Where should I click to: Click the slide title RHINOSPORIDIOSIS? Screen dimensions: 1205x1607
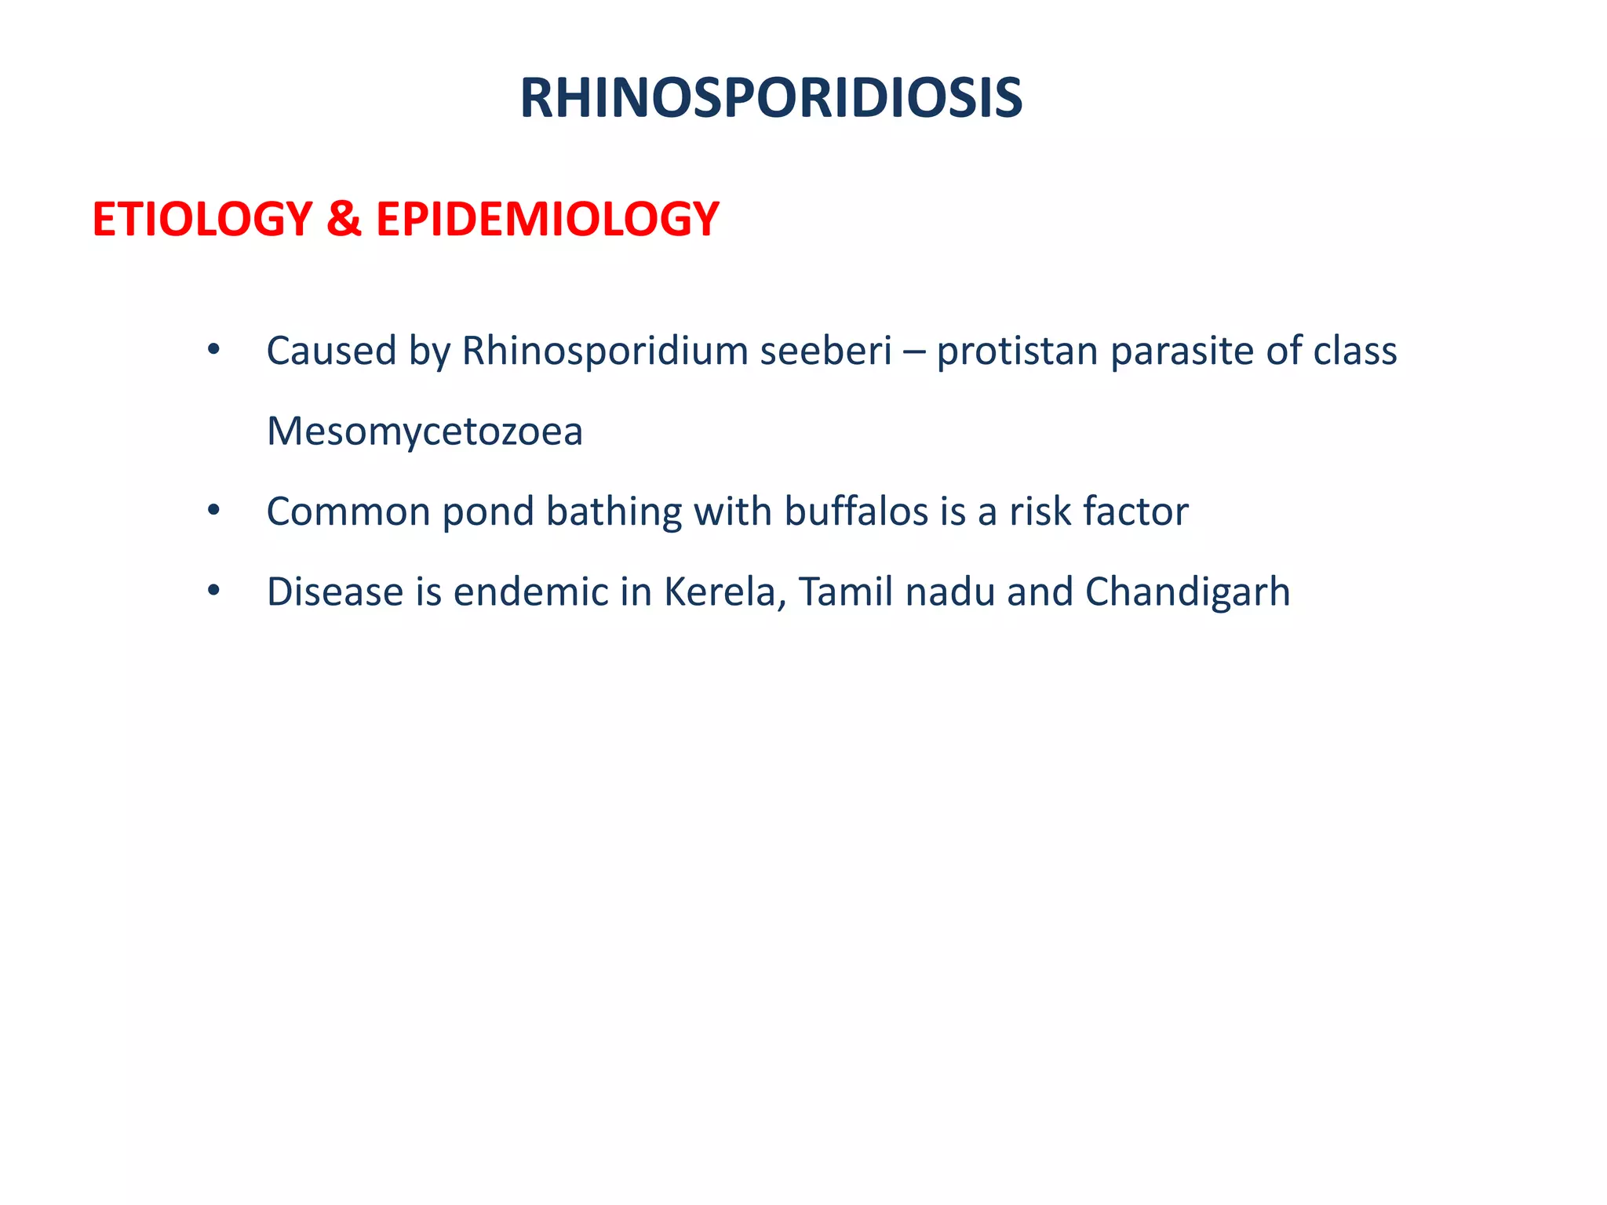click(x=771, y=99)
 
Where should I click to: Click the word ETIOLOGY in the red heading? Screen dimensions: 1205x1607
click(x=202, y=219)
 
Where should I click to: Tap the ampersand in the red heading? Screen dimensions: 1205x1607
click(x=344, y=219)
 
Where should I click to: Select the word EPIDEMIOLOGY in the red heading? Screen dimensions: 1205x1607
click(x=547, y=219)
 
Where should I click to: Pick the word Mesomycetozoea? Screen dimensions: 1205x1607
click(x=425, y=432)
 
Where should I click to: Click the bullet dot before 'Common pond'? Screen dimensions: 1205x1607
click(x=213, y=511)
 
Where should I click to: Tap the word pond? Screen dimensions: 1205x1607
click(x=488, y=512)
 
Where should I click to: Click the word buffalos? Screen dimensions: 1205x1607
click(x=856, y=512)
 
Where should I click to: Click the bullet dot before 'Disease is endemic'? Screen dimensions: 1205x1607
click(x=213, y=592)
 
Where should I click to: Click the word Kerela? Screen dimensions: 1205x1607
click(x=726, y=592)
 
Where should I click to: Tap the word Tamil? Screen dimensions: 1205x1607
click(x=845, y=592)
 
